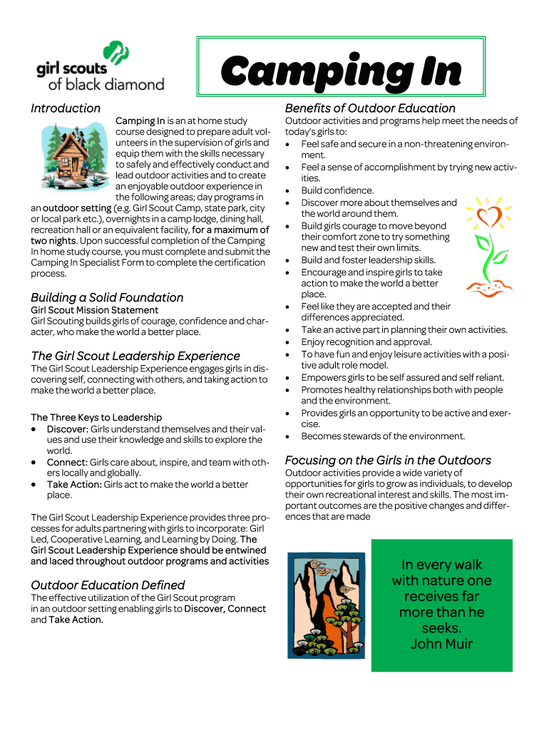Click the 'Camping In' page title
coord(341,71)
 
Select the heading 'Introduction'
coord(66,108)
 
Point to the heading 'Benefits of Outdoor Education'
coord(370,108)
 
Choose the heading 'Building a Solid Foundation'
coord(107,297)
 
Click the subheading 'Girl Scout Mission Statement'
coord(94,310)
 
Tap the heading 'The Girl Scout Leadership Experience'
coord(135,356)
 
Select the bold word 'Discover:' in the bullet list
coord(68,428)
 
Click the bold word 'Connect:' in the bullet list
coord(67,462)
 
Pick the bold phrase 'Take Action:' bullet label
coord(74,485)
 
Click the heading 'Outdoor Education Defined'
coord(108,585)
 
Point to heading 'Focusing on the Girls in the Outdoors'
coord(388,460)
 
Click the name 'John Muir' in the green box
coord(441,644)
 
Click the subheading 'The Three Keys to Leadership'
coord(96,417)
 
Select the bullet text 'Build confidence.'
coord(337,190)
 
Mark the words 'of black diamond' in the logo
coord(106,84)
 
